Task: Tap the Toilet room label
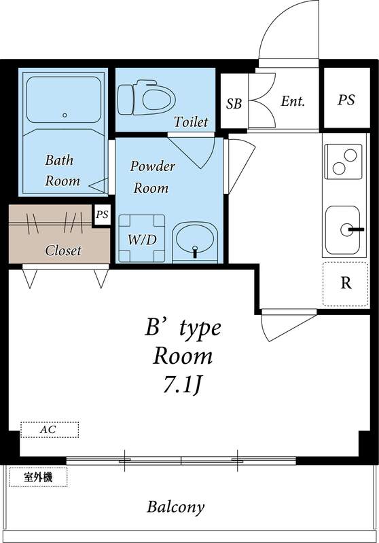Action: pyautogui.click(x=190, y=122)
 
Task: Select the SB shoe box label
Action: pyautogui.click(x=234, y=104)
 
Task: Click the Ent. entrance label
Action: pyautogui.click(x=293, y=102)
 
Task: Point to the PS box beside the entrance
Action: pyautogui.click(x=346, y=100)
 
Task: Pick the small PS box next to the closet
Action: pyautogui.click(x=102, y=215)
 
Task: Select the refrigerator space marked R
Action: pyautogui.click(x=345, y=283)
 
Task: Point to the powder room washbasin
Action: pyautogui.click(x=195, y=240)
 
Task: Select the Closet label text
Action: pyautogui.click(x=63, y=250)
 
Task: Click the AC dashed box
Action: pyautogui.click(x=49, y=430)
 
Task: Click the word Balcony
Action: pyautogui.click(x=176, y=507)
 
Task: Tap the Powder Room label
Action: pyautogui.click(x=152, y=177)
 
